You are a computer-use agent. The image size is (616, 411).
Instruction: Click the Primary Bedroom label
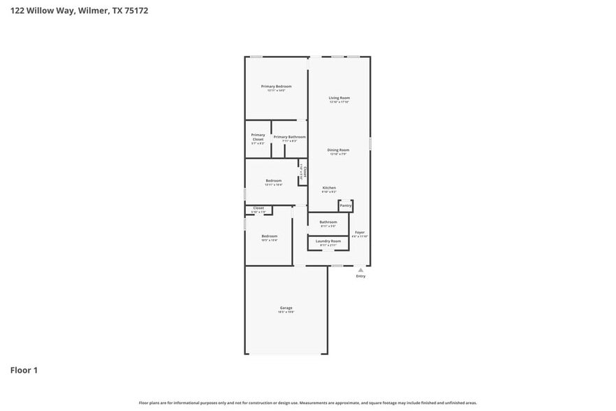tap(277, 86)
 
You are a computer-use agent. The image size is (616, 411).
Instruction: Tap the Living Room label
tap(339, 98)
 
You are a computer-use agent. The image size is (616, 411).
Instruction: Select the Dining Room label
tap(339, 150)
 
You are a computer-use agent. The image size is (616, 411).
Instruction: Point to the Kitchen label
tap(329, 187)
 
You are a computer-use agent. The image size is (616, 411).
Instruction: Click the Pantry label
tap(346, 206)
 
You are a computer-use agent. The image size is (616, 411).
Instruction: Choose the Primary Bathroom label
tap(289, 137)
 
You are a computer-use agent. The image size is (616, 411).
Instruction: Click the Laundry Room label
tap(328, 241)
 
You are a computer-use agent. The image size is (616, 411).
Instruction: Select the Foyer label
tap(360, 232)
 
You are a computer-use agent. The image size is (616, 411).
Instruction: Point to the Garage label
tap(286, 308)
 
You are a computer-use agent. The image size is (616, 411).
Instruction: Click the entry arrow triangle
tap(360, 270)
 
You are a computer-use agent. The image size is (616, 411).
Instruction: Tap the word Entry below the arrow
tap(360, 276)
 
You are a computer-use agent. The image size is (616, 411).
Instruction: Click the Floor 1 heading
tap(24, 370)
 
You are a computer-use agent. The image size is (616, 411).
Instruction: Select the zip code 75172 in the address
tap(135, 10)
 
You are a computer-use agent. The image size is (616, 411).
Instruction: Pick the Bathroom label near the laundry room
tap(328, 222)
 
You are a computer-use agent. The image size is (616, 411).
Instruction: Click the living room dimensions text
tap(339, 102)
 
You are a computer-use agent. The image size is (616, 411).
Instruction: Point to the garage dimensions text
tap(286, 312)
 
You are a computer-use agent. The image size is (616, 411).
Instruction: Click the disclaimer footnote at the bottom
tap(308, 403)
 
